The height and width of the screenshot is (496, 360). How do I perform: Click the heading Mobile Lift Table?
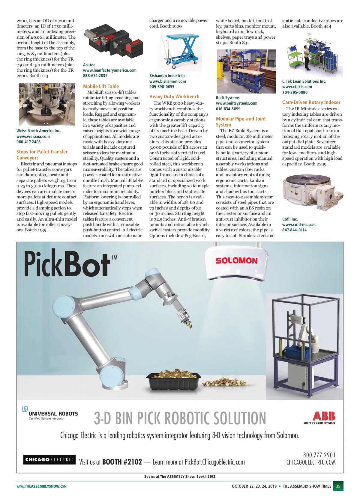(101, 86)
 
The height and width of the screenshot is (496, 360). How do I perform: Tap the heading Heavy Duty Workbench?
(174, 97)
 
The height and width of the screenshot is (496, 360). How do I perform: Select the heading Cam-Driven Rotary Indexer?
(311, 102)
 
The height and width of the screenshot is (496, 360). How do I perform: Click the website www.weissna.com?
(33, 136)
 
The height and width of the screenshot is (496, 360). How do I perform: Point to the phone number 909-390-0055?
(162, 87)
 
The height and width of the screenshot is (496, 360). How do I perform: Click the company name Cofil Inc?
(290, 219)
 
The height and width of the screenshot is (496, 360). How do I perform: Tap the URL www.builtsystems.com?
(236, 103)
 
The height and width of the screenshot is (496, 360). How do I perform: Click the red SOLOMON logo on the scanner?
(236, 260)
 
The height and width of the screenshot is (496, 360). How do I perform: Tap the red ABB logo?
(324, 416)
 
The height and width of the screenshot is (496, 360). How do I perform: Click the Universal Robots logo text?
(53, 414)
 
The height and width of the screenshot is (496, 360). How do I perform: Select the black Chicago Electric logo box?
(49, 459)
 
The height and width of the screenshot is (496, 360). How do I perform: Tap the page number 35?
(338, 486)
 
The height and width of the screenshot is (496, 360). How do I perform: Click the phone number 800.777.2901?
(319, 455)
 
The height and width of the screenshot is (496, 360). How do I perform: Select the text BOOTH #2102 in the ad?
(122, 462)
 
